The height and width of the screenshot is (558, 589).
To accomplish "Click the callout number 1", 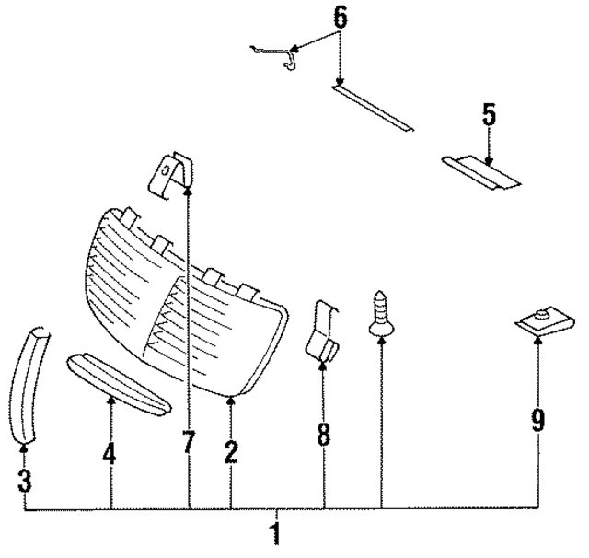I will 273,533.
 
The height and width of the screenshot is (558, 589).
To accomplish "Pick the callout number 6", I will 340,16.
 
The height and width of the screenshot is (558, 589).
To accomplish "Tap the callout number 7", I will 188,443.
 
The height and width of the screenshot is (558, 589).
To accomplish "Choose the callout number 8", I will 323,434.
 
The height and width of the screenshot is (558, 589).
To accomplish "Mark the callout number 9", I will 537,422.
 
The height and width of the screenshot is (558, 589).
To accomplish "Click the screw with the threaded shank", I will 380,314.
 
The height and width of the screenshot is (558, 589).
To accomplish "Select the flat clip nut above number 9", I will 543,323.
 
